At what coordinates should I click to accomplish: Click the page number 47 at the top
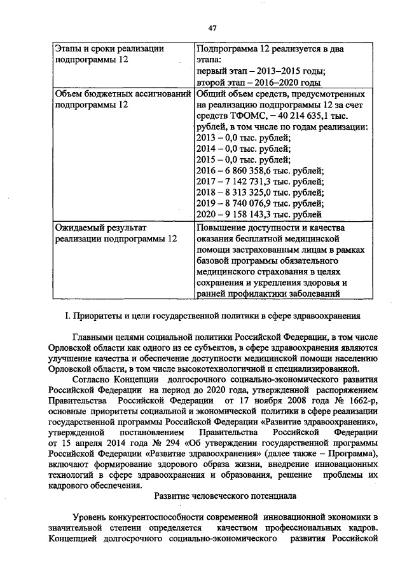pyautogui.click(x=212, y=27)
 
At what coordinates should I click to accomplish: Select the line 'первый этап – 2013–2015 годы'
pyautogui.click(x=261, y=71)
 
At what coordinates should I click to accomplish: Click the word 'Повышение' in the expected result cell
pyautogui.click(x=221, y=227)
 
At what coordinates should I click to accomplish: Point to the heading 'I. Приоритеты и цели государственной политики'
pyautogui.click(x=212, y=315)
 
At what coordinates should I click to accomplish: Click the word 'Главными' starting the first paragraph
pyautogui.click(x=94, y=337)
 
